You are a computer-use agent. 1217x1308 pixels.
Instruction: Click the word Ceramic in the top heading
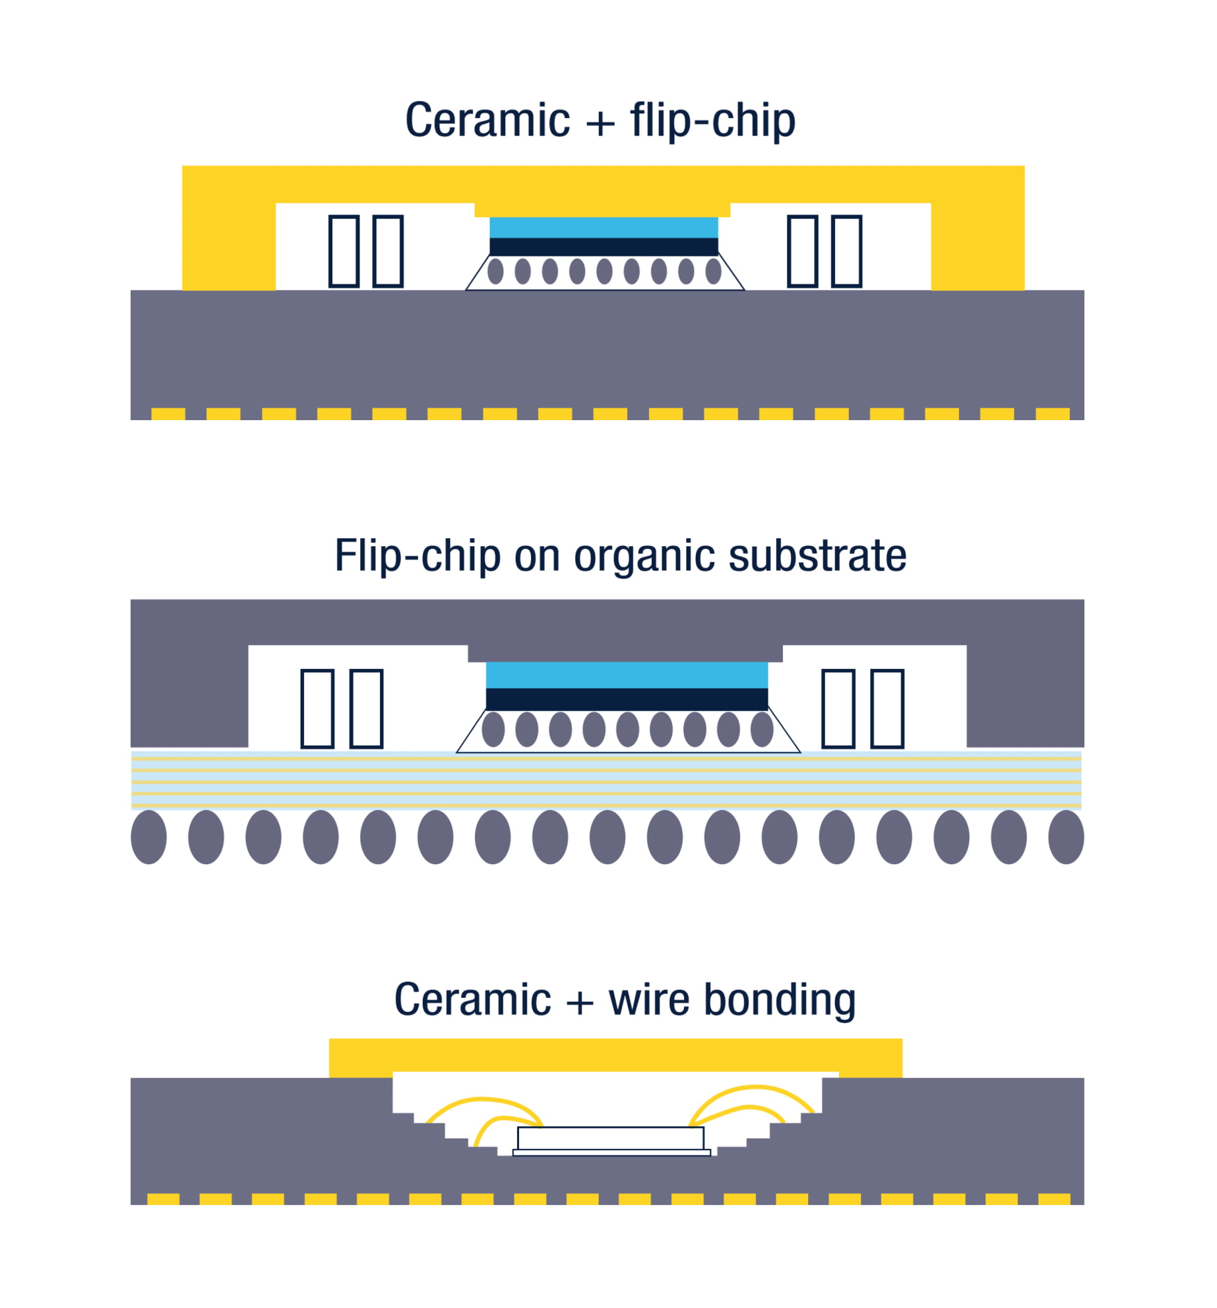coord(487,120)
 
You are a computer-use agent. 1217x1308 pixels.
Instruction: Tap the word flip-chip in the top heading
coord(713,121)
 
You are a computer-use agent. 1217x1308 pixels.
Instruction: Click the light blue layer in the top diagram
coord(604,228)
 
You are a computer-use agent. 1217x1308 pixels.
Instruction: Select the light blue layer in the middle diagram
coord(627,675)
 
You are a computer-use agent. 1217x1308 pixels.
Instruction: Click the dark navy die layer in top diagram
coord(604,247)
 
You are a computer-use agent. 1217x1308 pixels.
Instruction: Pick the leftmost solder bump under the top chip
coord(495,271)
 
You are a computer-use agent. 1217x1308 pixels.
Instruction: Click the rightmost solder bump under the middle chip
coord(762,730)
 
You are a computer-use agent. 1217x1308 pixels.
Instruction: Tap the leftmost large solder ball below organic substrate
coord(149,837)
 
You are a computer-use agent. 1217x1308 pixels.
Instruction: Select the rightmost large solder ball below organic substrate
coord(1066,837)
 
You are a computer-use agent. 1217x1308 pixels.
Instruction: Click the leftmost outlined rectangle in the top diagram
coord(344,251)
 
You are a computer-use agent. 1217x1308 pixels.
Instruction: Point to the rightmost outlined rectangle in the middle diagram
coord(887,708)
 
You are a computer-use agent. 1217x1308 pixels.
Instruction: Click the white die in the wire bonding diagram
coord(611,1138)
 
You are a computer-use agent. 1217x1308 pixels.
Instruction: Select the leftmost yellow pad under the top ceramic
coord(168,414)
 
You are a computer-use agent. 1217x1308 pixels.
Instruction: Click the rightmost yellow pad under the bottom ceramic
coord(1054,1199)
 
